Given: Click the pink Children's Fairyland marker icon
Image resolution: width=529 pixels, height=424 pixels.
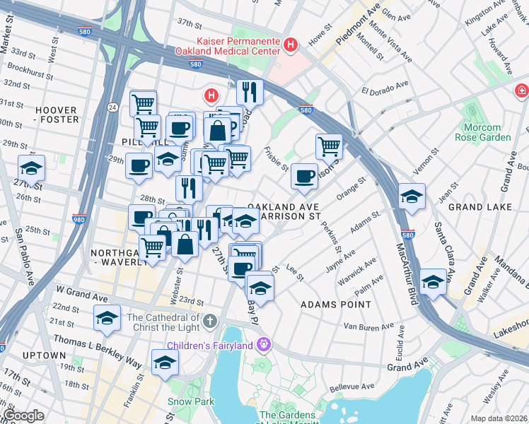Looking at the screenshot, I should [x=264, y=346].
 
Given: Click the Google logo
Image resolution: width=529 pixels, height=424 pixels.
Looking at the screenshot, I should [x=23, y=416].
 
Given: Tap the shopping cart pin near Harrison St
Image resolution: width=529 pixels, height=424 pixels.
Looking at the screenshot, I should [x=329, y=147].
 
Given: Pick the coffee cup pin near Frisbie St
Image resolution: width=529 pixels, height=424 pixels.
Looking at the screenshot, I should [x=304, y=176].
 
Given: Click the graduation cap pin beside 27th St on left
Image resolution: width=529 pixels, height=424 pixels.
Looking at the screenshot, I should [x=31, y=168].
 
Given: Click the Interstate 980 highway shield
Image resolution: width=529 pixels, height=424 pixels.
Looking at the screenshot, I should [x=79, y=220].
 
